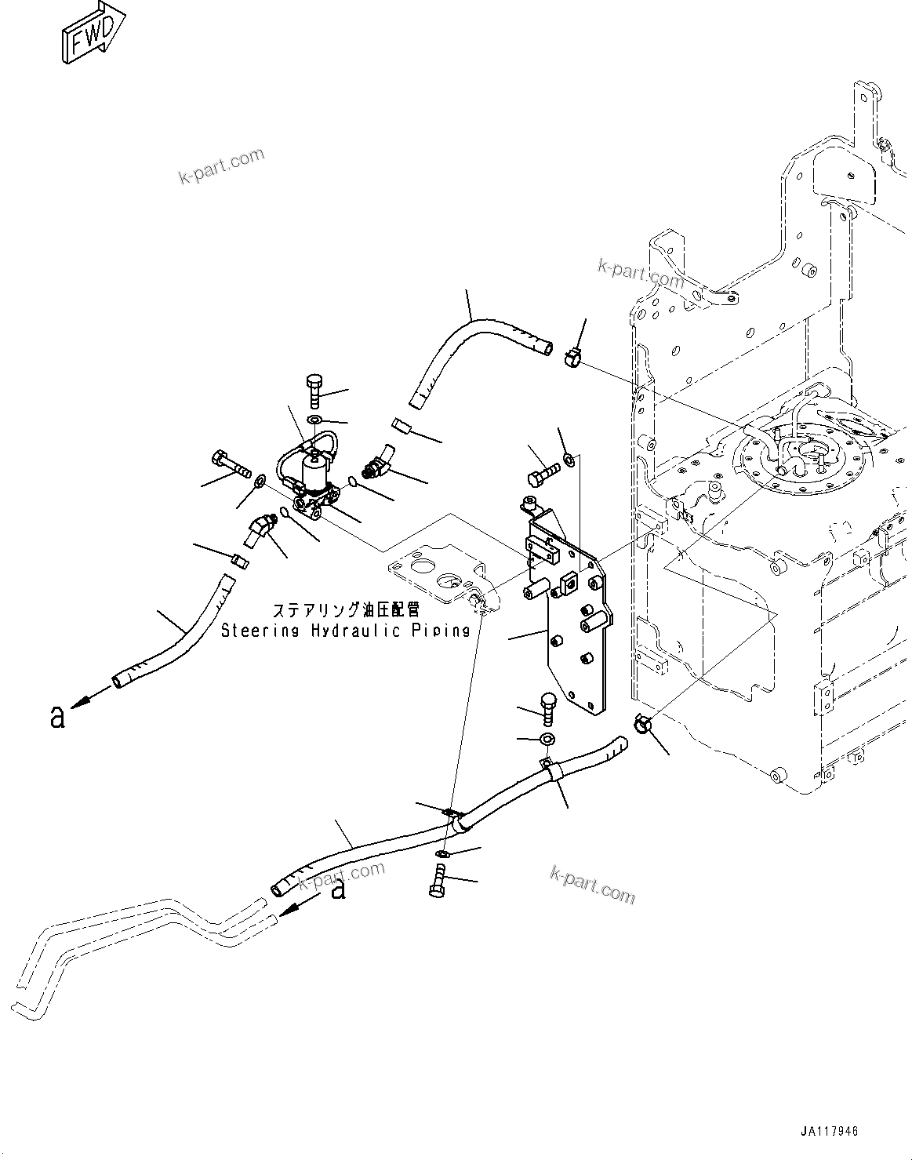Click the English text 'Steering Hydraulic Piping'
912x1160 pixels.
click(x=345, y=630)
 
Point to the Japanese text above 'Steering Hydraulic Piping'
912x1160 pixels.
click(x=346, y=609)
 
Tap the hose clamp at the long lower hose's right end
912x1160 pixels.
click(x=641, y=724)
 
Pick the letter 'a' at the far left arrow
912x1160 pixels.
click(x=56, y=716)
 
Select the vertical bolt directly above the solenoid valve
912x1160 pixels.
click(x=314, y=390)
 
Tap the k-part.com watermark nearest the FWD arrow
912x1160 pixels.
click(x=222, y=166)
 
